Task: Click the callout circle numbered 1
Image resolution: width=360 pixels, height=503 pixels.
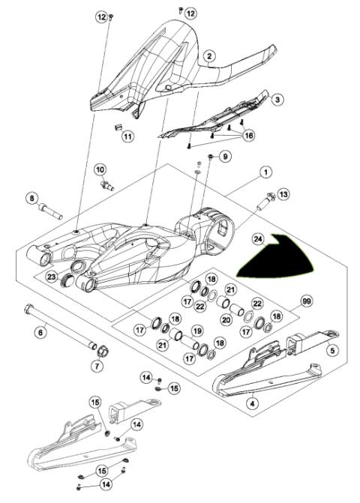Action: [265, 172]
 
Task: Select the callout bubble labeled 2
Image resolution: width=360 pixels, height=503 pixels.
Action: [210, 55]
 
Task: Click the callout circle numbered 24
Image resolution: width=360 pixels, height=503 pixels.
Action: [257, 240]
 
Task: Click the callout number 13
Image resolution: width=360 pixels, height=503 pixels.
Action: [283, 194]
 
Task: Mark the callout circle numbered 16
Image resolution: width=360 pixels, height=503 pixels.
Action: [247, 136]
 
